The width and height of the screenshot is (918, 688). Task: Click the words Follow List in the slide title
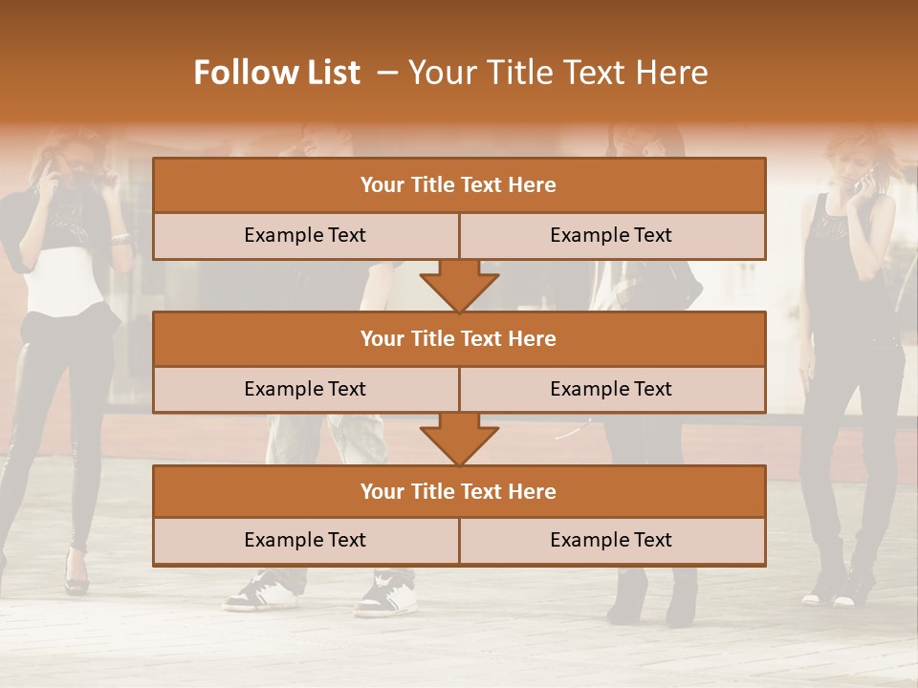276,73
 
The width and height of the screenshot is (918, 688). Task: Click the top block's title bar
459,185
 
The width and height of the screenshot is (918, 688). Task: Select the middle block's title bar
459,338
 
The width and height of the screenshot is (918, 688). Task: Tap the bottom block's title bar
459,491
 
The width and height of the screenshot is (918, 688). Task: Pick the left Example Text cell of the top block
305,235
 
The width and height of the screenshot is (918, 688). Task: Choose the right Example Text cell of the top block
612,235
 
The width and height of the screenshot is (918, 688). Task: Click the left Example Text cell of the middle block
305,389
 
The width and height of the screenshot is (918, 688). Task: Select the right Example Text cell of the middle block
612,389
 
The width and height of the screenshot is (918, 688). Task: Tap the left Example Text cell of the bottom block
305,540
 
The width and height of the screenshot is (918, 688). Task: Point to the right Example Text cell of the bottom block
612,540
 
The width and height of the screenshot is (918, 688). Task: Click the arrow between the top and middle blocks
459,285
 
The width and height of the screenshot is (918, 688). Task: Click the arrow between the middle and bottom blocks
459,439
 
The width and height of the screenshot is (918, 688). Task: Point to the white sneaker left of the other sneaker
260,591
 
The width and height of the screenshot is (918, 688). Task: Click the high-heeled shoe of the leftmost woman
76,576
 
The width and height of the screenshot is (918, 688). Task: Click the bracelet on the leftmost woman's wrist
120,237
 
